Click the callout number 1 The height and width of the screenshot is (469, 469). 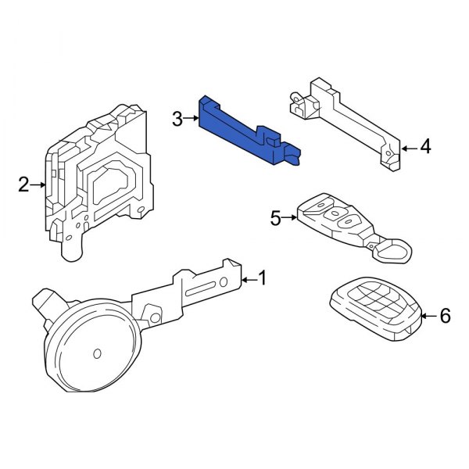coord(263,277)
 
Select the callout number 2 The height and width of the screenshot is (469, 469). coord(23,185)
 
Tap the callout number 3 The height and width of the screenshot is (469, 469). coord(177,119)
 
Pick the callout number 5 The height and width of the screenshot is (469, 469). coord(275,218)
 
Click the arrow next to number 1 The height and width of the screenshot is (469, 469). coord(248,278)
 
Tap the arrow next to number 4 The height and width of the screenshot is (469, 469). coord(409,146)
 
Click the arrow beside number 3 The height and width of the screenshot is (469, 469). coord(192,119)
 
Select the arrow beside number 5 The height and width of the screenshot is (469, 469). coord(290,218)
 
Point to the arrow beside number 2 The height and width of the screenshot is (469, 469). coord(39,185)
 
